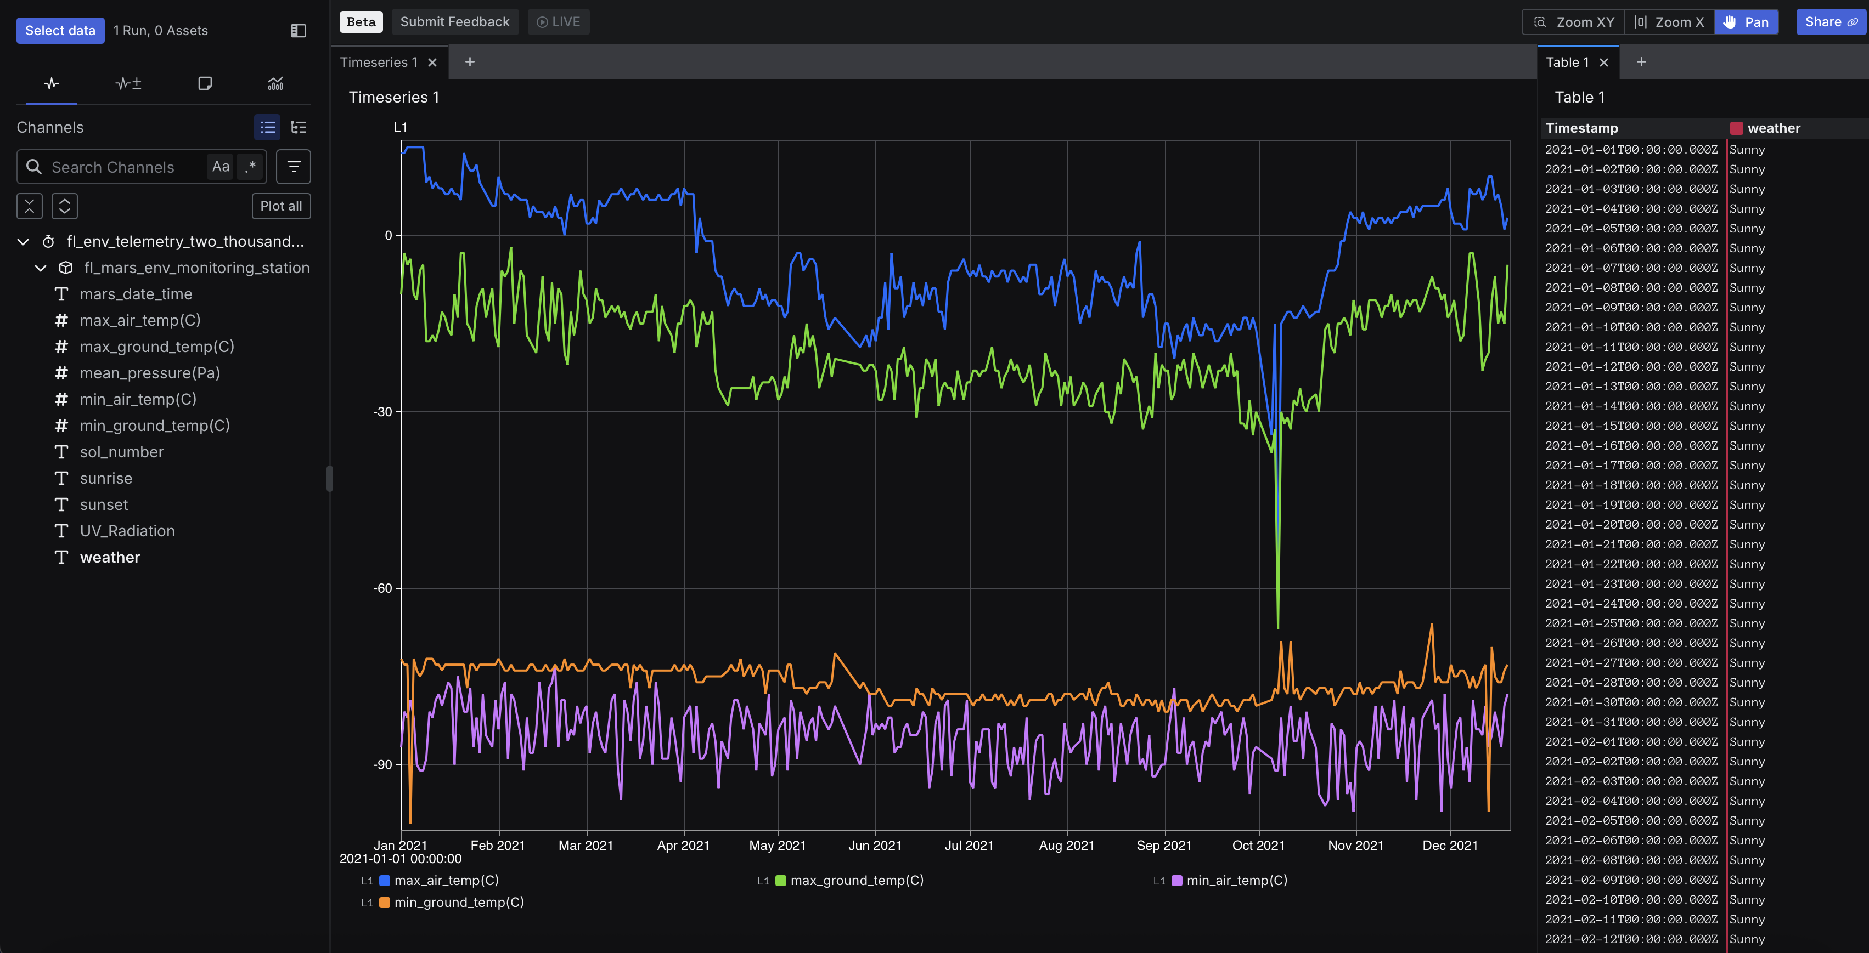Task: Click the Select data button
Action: pyautogui.click(x=60, y=31)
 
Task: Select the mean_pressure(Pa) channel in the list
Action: pyautogui.click(x=149, y=373)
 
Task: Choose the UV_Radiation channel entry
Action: pyautogui.click(x=127, y=531)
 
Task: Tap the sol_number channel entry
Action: pyautogui.click(x=121, y=452)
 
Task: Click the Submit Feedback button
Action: pyautogui.click(x=454, y=22)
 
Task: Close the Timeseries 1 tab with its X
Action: pyautogui.click(x=432, y=63)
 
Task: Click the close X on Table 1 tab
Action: pyautogui.click(x=1603, y=63)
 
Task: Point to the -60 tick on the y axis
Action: pyautogui.click(x=382, y=588)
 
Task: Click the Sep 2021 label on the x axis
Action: pyautogui.click(x=1164, y=845)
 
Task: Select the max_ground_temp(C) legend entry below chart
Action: pyautogui.click(x=856, y=881)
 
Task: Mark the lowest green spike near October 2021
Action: pyautogui.click(x=1277, y=627)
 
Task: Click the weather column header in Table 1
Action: pyautogui.click(x=1772, y=128)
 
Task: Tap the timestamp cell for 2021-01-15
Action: pyautogui.click(x=1630, y=426)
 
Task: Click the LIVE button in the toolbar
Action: pyautogui.click(x=558, y=22)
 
